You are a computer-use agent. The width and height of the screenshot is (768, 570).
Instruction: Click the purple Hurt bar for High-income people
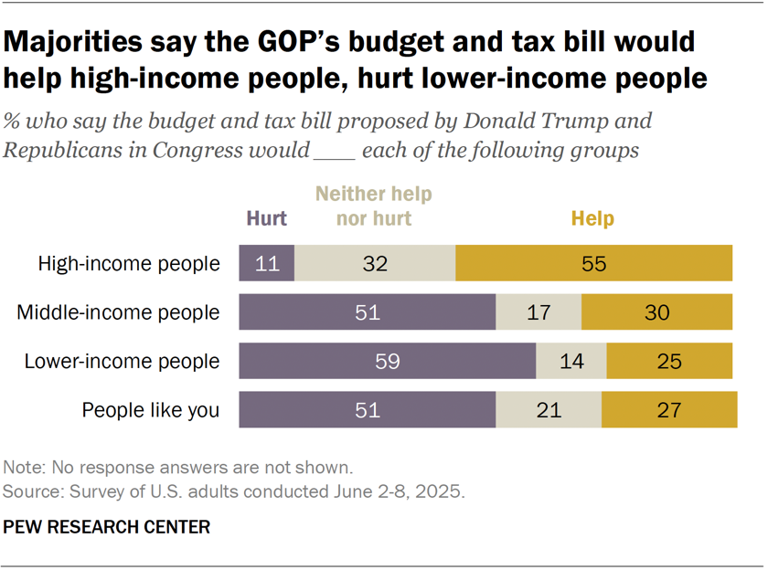[x=266, y=263]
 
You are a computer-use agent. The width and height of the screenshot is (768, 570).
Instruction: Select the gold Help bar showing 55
[x=593, y=263]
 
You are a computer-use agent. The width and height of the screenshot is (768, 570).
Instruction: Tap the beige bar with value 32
[x=375, y=263]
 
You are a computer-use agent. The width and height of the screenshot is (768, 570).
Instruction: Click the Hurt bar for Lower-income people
[x=387, y=361]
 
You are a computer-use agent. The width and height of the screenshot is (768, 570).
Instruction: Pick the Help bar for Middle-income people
[x=656, y=312]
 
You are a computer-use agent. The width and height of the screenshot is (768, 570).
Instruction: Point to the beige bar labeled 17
[x=539, y=312]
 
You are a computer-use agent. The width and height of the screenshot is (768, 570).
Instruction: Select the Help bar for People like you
[x=669, y=409]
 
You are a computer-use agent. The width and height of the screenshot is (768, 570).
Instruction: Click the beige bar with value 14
[x=571, y=361]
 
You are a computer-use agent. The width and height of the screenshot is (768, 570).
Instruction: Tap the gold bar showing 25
[x=669, y=361]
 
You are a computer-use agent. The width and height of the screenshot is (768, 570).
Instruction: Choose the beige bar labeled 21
[x=549, y=409]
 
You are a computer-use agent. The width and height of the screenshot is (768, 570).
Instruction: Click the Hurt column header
[x=266, y=218]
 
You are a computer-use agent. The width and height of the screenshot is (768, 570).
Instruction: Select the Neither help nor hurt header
[x=374, y=206]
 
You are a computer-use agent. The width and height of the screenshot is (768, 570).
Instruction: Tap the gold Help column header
[x=592, y=218]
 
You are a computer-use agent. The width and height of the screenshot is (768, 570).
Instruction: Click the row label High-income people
[x=128, y=264]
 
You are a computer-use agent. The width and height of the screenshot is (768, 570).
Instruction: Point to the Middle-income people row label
[x=118, y=312]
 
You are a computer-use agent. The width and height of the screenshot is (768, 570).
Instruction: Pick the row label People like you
[x=151, y=410]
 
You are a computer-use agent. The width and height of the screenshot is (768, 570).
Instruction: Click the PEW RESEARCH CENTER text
[x=107, y=527]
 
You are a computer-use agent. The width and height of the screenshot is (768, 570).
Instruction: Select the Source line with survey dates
[x=234, y=491]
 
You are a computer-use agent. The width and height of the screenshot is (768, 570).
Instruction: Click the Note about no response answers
[x=178, y=468]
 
